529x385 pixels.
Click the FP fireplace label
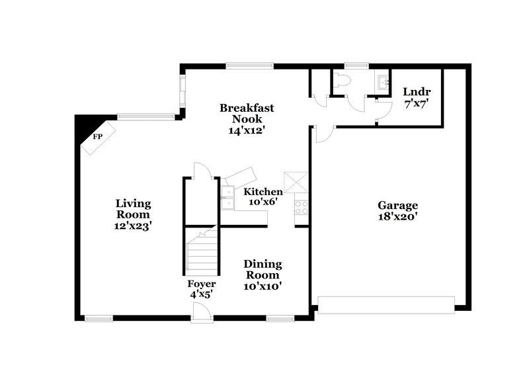(x=97, y=137)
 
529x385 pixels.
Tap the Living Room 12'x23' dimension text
(x=132, y=226)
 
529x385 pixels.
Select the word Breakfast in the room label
(x=247, y=108)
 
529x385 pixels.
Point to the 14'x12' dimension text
(x=247, y=130)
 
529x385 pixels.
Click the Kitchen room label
(x=264, y=192)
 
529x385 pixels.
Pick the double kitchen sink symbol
(x=227, y=197)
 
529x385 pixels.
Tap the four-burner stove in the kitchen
(x=302, y=208)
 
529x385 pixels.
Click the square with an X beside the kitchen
(x=293, y=181)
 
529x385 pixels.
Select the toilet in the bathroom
(x=341, y=81)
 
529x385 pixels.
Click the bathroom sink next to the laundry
(x=382, y=82)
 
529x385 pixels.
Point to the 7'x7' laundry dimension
(x=417, y=103)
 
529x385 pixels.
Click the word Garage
(x=397, y=204)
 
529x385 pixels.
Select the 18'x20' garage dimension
(x=397, y=216)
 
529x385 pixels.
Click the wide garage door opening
(x=386, y=304)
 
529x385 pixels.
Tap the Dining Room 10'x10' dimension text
(x=263, y=286)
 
